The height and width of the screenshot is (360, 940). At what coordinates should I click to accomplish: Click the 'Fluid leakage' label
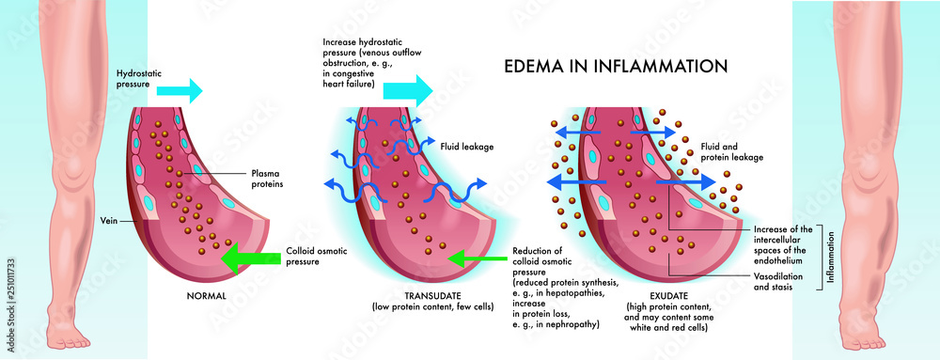(x=468, y=147)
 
